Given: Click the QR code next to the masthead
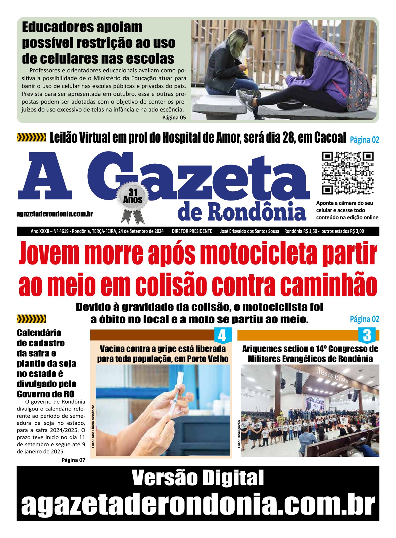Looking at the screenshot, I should click(x=348, y=173).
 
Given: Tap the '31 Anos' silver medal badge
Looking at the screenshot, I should click(x=133, y=197).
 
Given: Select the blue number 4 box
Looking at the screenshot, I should click(x=222, y=335).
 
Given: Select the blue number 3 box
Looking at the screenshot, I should click(x=367, y=335).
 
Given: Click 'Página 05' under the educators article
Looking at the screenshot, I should click(x=174, y=117).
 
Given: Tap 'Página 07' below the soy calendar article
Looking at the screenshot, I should click(x=73, y=460).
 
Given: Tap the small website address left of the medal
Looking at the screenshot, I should click(x=55, y=214).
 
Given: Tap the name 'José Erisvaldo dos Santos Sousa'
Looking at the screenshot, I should click(x=249, y=231).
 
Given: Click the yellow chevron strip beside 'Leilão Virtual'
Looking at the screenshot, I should click(x=31, y=137).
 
